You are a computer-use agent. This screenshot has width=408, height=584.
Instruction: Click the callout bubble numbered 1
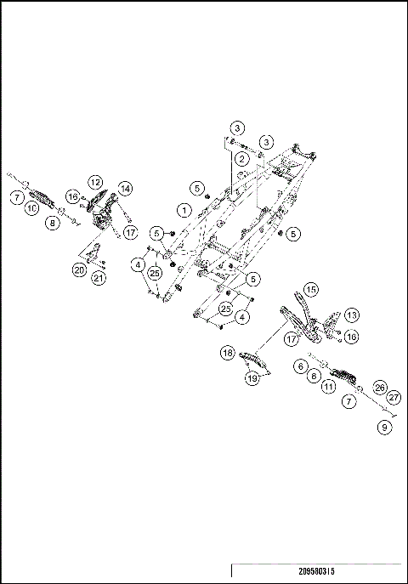[183, 208]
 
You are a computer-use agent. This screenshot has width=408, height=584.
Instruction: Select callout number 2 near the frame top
[243, 159]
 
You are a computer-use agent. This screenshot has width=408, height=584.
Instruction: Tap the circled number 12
[95, 182]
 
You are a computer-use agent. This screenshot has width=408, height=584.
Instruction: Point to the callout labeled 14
[125, 187]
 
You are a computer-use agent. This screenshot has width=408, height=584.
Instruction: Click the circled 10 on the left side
[31, 208]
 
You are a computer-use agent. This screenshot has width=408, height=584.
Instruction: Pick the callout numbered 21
[99, 278]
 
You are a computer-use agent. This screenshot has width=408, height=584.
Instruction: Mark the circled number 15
[311, 290]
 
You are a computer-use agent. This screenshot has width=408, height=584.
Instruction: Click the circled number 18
[228, 352]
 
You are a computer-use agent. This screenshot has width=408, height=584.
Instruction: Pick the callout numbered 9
[386, 428]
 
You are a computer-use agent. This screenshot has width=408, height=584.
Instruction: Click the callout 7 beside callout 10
[17, 197]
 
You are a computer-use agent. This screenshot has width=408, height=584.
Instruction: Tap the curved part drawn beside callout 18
[255, 361]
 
